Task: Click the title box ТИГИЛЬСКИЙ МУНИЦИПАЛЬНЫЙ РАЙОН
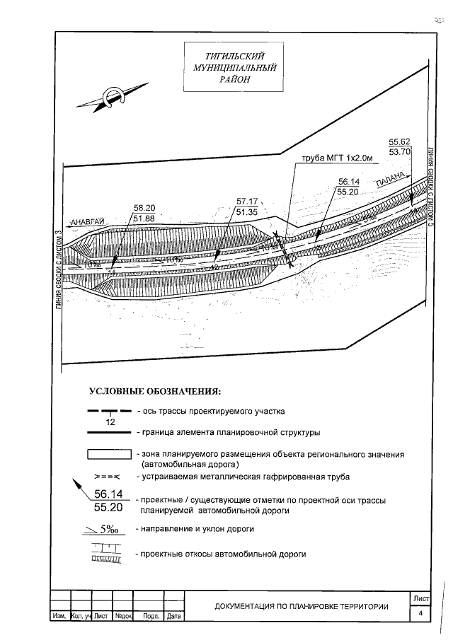[229, 67]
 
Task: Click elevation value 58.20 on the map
[144, 208]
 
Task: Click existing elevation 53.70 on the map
[400, 151]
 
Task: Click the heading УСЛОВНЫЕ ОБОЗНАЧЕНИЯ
[155, 391]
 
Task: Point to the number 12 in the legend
[110, 422]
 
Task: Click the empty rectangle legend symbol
[109, 455]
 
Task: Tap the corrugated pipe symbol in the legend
[109, 477]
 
